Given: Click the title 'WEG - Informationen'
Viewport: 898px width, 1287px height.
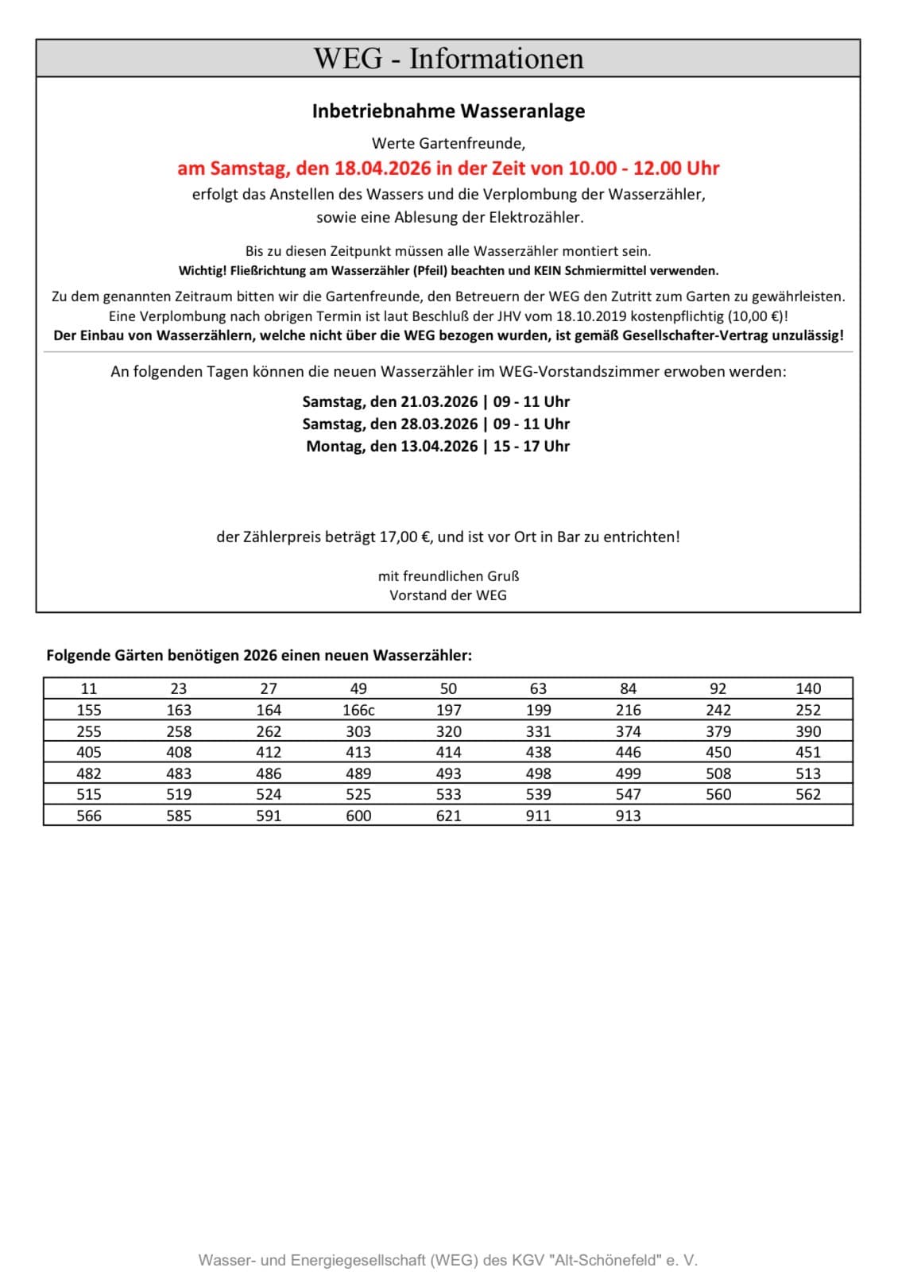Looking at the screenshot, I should [448, 58].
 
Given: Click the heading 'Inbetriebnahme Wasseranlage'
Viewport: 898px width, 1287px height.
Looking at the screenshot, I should [448, 111].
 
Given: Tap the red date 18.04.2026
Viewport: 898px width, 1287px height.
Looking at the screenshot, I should [382, 169].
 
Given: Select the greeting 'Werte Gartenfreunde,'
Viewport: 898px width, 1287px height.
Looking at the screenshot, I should [448, 144].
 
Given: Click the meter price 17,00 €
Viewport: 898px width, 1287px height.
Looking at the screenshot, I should [404, 537].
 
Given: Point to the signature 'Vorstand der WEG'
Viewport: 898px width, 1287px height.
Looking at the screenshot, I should [448, 595].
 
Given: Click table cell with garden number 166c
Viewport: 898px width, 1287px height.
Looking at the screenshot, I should [358, 710].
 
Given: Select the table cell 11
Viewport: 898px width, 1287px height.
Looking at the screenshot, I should [89, 688].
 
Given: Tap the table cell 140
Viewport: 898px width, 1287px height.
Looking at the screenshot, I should [808, 688].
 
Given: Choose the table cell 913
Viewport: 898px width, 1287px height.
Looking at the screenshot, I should [628, 816].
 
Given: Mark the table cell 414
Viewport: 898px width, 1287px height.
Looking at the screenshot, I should [448, 752].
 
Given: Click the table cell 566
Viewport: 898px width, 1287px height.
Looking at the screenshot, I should [89, 816].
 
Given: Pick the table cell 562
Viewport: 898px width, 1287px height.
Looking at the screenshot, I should [808, 794].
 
